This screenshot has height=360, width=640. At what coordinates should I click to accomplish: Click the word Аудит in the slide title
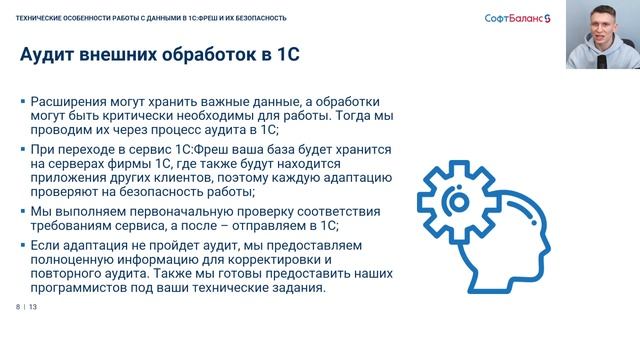[49, 55]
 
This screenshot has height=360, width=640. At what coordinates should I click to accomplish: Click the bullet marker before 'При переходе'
[23, 148]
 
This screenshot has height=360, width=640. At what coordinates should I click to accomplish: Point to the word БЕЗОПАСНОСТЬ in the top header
[257, 17]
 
